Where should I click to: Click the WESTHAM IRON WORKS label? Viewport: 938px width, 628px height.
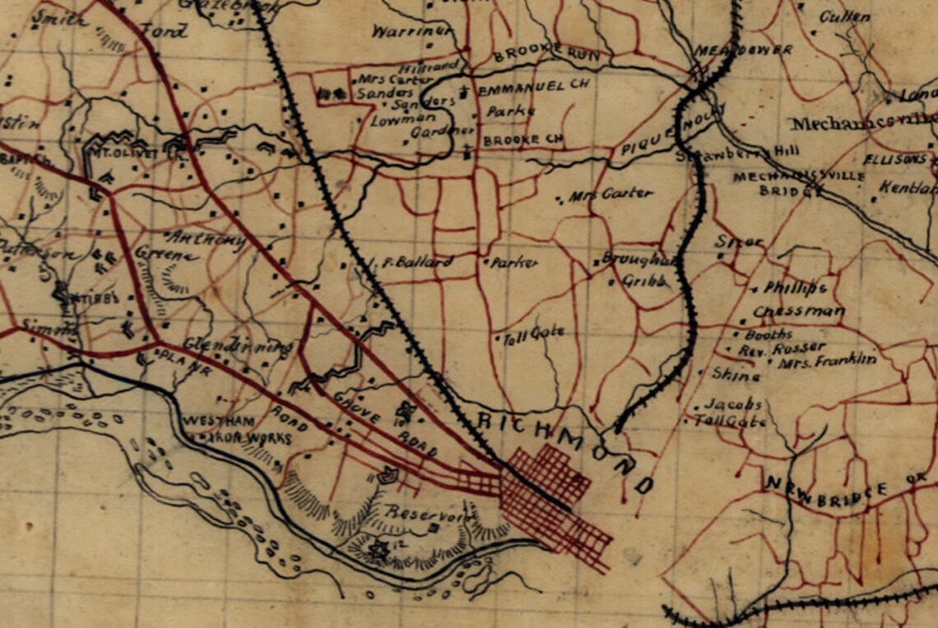coord(236,429)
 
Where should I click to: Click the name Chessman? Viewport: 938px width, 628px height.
coord(798,312)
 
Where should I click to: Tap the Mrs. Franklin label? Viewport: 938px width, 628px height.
coord(828,360)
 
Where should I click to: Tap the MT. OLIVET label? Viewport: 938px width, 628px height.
coord(116,154)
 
